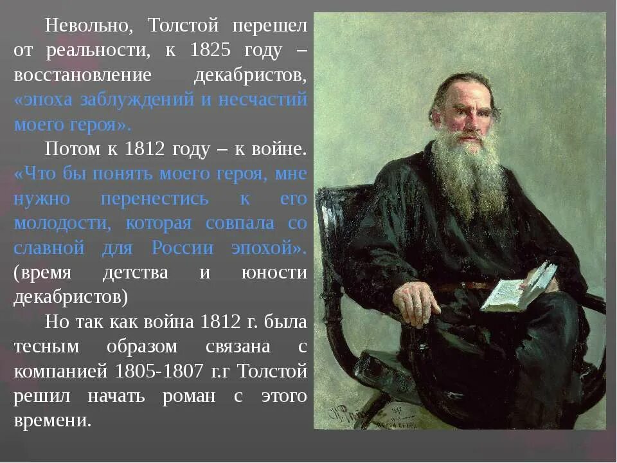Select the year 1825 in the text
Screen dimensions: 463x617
210,50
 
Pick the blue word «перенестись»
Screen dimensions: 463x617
155,199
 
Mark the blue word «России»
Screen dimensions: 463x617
179,248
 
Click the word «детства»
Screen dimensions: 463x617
136,273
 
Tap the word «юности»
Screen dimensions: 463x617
274,273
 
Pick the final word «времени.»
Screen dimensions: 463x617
53,421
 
